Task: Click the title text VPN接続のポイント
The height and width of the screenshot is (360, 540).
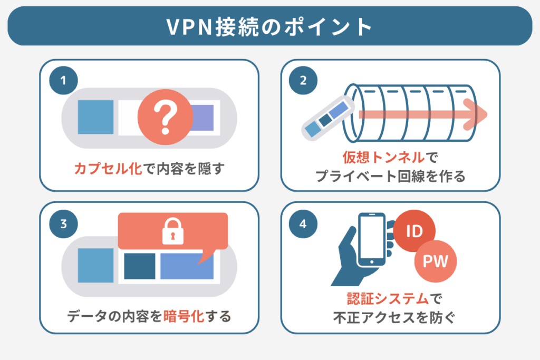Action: pos(269,27)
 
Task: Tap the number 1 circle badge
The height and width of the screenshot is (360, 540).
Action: pos(63,81)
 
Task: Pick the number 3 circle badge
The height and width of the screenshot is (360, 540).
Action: pos(63,223)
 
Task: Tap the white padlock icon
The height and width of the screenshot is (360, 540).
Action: pos(171,231)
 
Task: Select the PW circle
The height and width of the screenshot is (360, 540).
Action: pos(436,261)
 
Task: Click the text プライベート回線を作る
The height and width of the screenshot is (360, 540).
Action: pos(390,176)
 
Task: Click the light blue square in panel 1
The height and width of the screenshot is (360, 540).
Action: pos(95,116)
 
